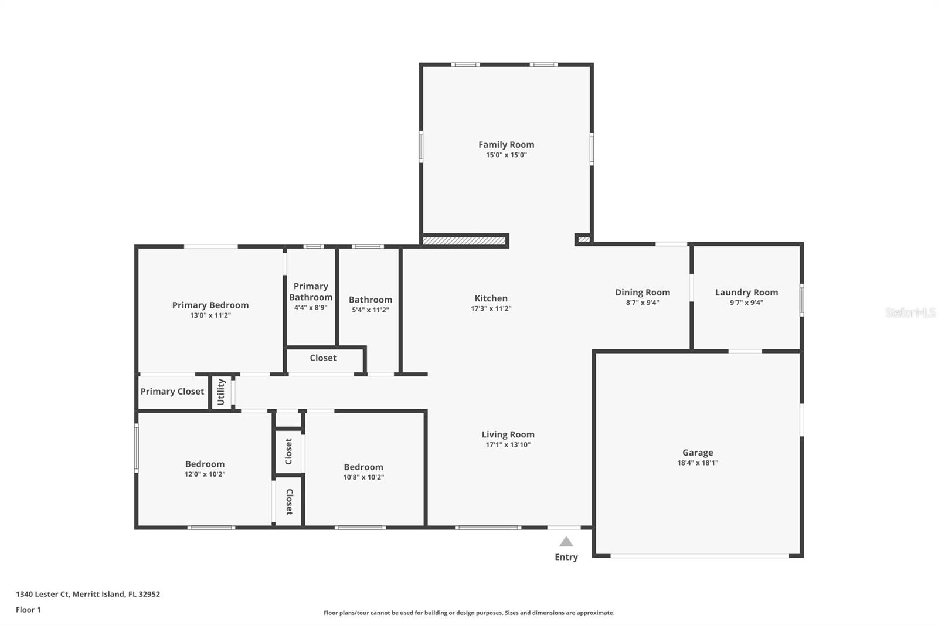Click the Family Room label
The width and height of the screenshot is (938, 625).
tap(506, 144)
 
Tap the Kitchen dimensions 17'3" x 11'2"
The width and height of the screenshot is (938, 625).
tap(491, 308)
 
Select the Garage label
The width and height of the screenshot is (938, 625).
tap(697, 452)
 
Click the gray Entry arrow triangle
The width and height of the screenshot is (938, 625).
tap(566, 542)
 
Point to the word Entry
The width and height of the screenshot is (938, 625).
tap(566, 557)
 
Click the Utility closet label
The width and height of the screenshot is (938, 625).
tap(221, 392)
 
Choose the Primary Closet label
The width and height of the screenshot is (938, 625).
tap(172, 391)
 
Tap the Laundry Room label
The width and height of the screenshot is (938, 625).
tap(746, 292)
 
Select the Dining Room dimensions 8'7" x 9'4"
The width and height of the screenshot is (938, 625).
tap(642, 303)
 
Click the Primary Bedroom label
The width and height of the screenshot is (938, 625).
tap(210, 305)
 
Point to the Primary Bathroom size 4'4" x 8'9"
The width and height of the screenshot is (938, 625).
tap(311, 307)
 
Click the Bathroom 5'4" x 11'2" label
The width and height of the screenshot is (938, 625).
tap(370, 300)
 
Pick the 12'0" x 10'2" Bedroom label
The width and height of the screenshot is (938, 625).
tap(205, 464)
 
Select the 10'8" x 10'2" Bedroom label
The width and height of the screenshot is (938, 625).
tap(363, 467)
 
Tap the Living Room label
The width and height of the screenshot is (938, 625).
tap(508, 434)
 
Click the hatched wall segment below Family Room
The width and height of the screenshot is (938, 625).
tap(464, 240)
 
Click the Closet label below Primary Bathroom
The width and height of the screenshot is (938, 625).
tap(322, 358)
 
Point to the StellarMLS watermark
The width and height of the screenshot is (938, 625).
tap(910, 312)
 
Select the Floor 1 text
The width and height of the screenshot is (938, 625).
tap(28, 610)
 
